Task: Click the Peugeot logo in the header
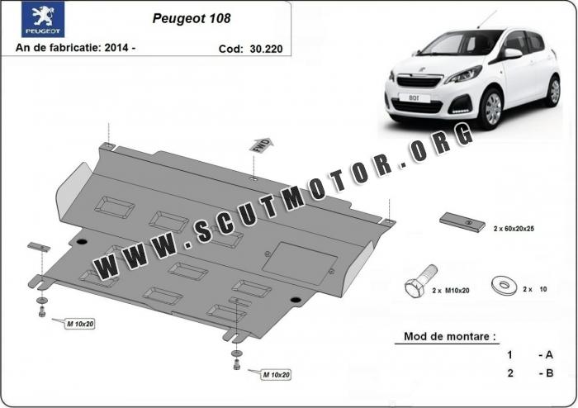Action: point(43,19)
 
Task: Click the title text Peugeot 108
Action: point(192,18)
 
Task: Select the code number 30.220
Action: point(266,49)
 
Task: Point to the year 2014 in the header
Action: point(116,47)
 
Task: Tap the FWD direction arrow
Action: point(261,145)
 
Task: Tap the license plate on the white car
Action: point(415,97)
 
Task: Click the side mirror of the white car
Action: point(513,54)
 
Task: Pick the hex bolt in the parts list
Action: point(421,281)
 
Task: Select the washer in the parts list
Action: point(505,285)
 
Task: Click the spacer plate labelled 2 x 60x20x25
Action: point(462,222)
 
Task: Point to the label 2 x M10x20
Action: point(451,291)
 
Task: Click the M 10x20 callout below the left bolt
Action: point(80,324)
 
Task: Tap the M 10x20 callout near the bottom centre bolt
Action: point(276,375)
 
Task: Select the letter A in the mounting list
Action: point(549,355)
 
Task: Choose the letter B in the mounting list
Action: point(549,373)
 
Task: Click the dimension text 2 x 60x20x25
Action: point(514,229)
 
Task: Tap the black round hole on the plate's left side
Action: point(82,242)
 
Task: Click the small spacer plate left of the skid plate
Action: point(39,247)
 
